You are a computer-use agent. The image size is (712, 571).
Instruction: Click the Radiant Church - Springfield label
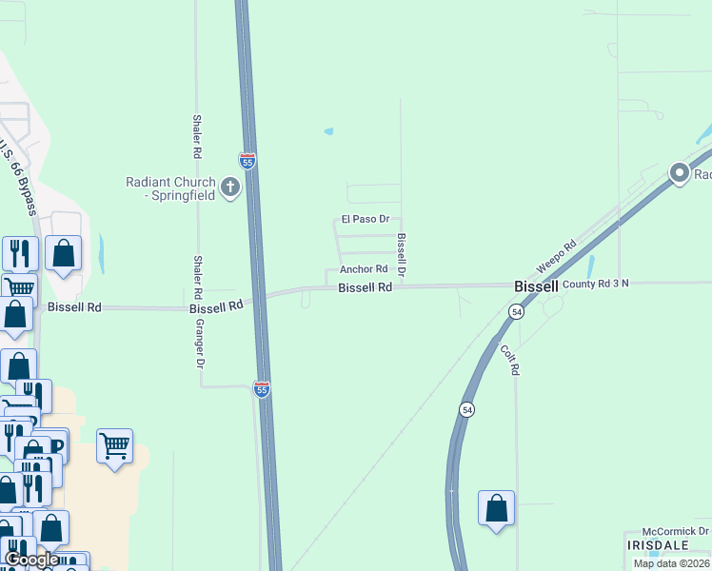click(x=171, y=188)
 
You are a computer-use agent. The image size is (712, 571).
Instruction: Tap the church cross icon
click(x=229, y=187)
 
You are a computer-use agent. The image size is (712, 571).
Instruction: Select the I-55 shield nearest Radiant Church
click(x=247, y=162)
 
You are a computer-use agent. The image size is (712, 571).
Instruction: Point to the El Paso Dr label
click(x=366, y=220)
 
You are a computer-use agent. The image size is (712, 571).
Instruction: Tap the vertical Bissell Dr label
click(x=403, y=255)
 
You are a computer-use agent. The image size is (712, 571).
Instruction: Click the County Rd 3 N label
click(x=595, y=284)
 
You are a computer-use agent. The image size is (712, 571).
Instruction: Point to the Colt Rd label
click(x=509, y=359)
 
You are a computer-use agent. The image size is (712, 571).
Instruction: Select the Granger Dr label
click(x=201, y=343)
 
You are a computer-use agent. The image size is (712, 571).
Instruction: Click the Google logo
click(x=31, y=560)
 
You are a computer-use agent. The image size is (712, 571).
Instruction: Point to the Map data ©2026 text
click(x=671, y=563)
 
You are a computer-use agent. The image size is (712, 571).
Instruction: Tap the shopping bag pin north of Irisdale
click(x=497, y=508)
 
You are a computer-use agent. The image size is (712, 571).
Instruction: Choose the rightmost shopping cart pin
click(x=114, y=445)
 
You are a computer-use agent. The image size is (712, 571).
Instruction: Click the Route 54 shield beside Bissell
click(x=516, y=311)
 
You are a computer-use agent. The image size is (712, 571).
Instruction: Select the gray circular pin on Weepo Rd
click(x=680, y=173)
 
